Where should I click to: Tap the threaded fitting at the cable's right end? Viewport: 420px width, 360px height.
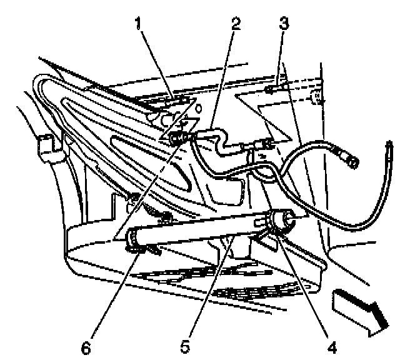point(350,159)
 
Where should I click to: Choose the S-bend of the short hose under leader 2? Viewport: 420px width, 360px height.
point(219,139)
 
